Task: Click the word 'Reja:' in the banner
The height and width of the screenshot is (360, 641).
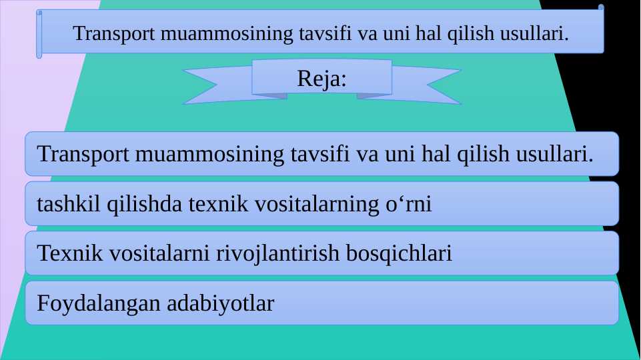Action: pyautogui.click(x=322, y=79)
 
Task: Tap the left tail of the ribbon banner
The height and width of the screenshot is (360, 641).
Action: pyautogui.click(x=207, y=86)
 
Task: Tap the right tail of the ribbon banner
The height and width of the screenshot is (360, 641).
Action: pyautogui.click(x=437, y=86)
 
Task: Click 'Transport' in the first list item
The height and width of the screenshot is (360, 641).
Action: pyautogui.click(x=83, y=154)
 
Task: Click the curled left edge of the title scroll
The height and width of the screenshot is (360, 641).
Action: pyautogui.click(x=39, y=34)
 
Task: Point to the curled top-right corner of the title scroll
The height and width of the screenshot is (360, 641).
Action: pyautogui.click(x=601, y=8)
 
